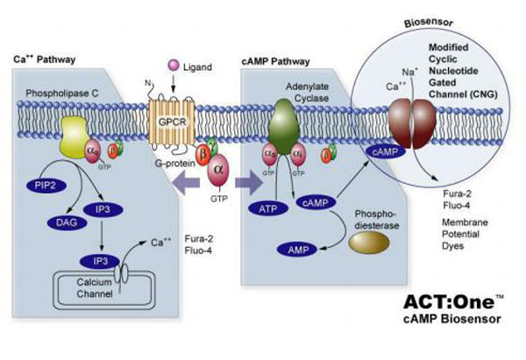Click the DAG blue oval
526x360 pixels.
click(x=66, y=223)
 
